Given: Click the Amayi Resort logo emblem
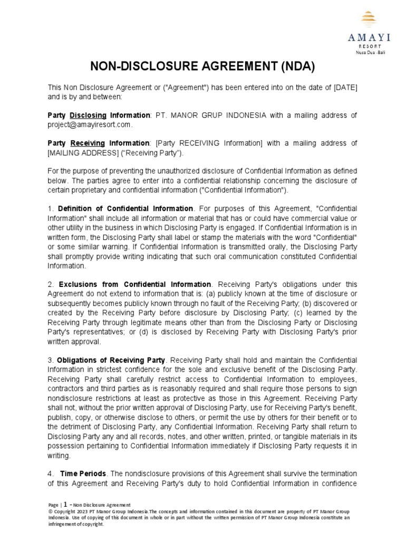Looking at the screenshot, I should tap(368, 21).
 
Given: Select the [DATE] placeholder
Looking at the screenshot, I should tap(345, 87).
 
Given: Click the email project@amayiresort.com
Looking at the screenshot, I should tap(89, 125).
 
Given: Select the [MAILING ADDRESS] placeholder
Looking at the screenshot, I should tap(81, 153).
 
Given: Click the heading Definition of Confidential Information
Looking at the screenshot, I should tap(126, 209).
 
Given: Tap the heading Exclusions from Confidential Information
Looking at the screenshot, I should tap(135, 285).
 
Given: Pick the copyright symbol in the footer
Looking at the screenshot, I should tap(50, 512).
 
